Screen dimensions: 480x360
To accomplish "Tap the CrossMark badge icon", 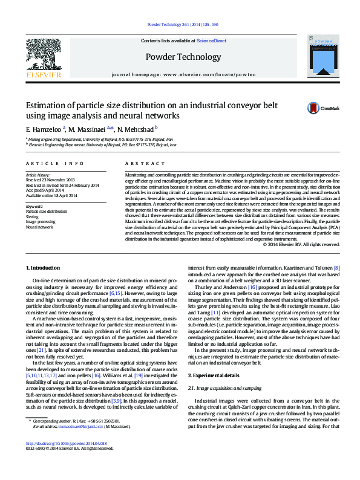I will pos(313,108).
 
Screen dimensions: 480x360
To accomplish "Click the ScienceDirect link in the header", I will pos(211,41).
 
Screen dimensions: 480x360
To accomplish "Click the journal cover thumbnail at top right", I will pos(319,58).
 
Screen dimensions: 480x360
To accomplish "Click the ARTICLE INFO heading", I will pos(55,164).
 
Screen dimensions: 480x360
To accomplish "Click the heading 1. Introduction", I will pos(45,267).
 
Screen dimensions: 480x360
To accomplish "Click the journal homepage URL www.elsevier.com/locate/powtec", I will pos(199,74).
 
